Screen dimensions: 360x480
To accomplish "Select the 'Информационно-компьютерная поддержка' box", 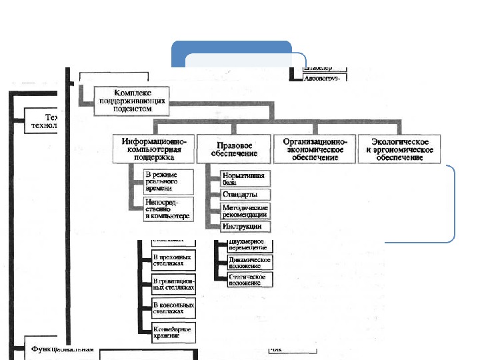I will tap(154, 149).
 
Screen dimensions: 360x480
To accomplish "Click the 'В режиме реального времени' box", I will tap(168, 181).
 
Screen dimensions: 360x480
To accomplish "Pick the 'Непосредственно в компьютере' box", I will tap(168, 208).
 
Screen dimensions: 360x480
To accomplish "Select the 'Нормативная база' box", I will tap(246, 177).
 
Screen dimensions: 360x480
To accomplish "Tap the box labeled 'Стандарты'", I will tap(246, 195).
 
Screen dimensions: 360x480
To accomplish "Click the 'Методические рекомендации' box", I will tap(246, 211).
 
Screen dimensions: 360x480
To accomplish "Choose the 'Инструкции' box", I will tap(246, 227).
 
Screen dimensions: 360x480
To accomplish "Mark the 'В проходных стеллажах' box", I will tap(173, 261).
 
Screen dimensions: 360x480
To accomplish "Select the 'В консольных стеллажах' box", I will tap(173, 307).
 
